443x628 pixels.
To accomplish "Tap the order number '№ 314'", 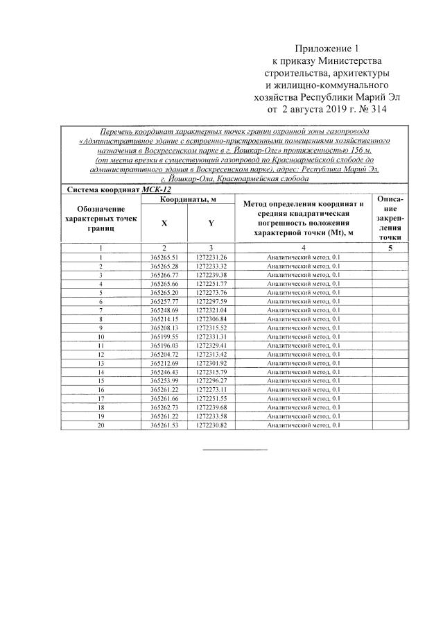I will coord(371,109).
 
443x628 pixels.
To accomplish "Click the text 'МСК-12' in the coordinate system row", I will coord(156,189).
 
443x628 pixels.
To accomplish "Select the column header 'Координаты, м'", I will coord(187,199).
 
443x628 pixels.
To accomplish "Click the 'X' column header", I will coord(164,223).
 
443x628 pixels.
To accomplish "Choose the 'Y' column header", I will coord(211,223).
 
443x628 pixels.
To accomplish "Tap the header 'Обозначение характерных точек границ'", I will coord(101,218).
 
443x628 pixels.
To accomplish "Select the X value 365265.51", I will coord(164,257).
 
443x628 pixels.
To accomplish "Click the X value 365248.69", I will coord(164,310).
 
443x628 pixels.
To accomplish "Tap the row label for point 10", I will coord(101,336).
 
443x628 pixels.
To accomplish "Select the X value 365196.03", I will coord(164,345).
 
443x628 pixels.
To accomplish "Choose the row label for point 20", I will coord(101,423).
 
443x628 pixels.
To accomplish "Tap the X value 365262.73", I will coord(164,406).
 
